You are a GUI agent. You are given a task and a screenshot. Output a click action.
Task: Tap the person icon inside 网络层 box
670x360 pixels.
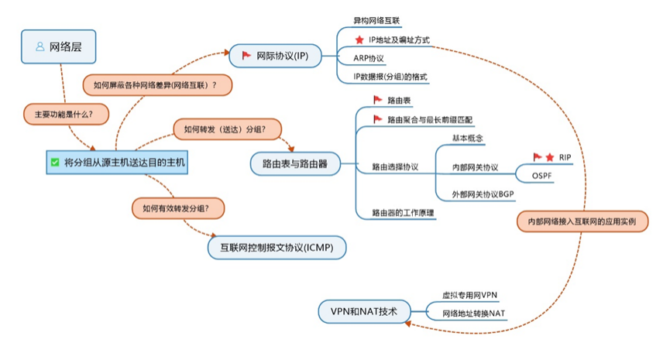40,47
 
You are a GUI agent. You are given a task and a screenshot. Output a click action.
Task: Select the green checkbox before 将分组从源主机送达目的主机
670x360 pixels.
54,163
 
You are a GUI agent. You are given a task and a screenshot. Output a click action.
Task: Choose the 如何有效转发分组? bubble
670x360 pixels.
177,207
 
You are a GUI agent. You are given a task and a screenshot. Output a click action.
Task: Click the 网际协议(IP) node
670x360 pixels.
275,56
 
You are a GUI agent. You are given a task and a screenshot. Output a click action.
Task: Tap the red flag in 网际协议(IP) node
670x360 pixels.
246,56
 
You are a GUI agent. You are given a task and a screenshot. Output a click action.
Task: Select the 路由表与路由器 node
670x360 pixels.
295,163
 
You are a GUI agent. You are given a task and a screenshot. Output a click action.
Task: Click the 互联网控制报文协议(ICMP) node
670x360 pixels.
277,247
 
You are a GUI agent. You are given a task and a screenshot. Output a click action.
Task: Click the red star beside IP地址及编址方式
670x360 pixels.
359,39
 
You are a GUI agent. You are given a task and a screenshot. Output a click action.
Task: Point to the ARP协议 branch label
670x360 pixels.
370,58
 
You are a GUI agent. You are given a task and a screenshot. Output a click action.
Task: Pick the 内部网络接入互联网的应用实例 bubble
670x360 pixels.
582,221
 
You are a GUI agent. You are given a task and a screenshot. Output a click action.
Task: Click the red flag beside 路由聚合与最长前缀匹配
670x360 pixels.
378,119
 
